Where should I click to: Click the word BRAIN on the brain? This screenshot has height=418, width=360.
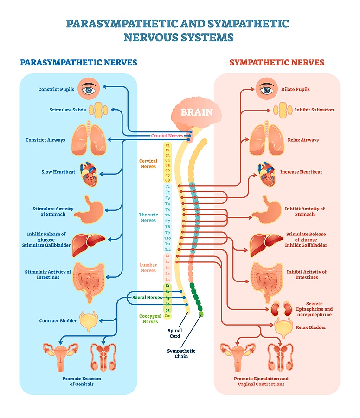pos(197,112)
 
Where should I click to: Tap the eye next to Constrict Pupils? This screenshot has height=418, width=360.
pos(88,89)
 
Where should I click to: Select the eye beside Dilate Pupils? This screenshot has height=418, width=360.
pos(266,89)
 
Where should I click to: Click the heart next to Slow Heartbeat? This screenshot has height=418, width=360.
pos(89,174)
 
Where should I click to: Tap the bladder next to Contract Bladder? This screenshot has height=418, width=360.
pos(88,320)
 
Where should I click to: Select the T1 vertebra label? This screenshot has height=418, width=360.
pos(168,186)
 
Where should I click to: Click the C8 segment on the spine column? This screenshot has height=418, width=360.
pos(168,180)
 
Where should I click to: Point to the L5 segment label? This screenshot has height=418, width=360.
pos(168,280)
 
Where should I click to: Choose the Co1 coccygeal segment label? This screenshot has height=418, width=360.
pos(168,316)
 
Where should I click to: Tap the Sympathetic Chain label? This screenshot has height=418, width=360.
pos(181,353)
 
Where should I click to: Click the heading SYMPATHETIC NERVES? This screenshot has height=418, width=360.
pos(277,62)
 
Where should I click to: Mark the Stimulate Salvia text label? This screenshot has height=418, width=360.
pos(68,110)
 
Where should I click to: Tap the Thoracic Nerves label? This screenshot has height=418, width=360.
pos(148,217)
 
